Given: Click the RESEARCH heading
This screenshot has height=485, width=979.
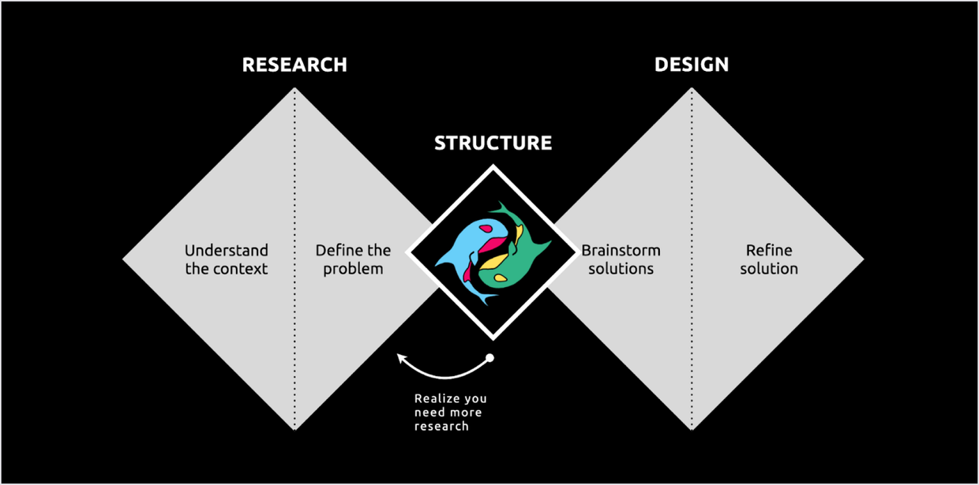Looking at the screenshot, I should coord(294,65).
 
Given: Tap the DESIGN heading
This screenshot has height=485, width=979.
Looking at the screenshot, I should coord(692,65).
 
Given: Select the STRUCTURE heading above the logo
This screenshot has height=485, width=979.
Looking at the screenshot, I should coord(493,144).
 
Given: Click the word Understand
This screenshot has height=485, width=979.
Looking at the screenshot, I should coord(227,251).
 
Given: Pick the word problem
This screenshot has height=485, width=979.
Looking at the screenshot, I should coord(353,269).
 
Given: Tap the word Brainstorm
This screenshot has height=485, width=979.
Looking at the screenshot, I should coord(621,251).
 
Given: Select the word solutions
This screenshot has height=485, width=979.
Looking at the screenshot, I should coord(621,269).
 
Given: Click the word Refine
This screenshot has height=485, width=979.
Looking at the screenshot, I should coord(769,251).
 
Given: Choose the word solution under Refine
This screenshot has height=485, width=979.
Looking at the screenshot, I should coord(769,269).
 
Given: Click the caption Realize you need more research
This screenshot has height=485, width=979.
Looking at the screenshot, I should coord(450,412).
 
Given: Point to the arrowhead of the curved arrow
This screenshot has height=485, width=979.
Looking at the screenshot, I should coord(399,359).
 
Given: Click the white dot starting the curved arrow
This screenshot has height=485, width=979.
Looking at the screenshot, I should coord(489,358).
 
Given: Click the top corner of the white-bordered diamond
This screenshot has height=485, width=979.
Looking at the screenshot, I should coord(493,167).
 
